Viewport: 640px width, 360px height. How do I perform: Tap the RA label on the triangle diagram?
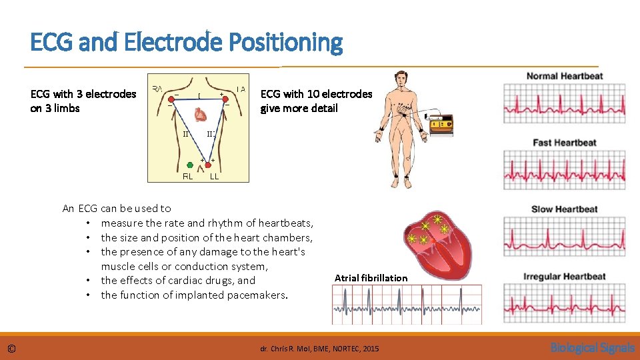coord(158,88)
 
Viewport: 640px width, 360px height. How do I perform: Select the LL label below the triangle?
coord(215,177)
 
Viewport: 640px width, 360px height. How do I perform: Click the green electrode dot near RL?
coord(190,163)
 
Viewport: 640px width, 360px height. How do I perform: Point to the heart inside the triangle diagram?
coord(200,116)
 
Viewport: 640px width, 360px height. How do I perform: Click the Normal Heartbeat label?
coord(564,76)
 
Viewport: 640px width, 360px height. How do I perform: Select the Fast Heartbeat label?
coord(564,143)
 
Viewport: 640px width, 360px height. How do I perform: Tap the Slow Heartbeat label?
coord(564,209)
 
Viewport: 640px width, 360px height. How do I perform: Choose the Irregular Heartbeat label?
coord(564,277)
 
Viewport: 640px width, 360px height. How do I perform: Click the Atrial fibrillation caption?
coord(371,278)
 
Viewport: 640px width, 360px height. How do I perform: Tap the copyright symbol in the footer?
coord(11,349)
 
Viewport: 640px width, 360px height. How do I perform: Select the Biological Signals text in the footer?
coord(592,347)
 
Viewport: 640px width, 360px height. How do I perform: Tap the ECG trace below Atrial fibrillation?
coord(407,305)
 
